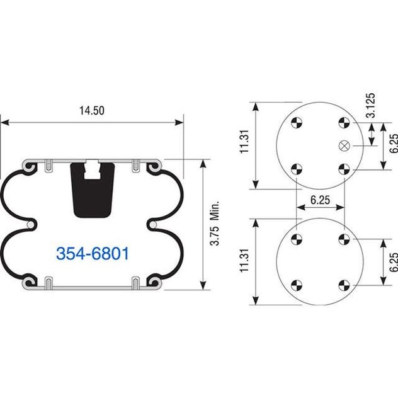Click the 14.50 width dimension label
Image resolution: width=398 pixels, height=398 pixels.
click(x=92, y=111)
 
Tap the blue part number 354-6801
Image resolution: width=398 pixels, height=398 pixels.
click(x=93, y=254)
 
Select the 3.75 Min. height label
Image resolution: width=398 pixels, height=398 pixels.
click(x=215, y=224)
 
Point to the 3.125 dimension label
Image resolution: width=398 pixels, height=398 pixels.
click(x=371, y=105)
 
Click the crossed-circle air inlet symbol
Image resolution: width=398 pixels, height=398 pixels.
click(x=344, y=145)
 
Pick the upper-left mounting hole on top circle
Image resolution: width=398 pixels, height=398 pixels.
click(x=297, y=123)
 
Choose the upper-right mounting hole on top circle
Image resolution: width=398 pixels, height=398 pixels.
click(x=344, y=123)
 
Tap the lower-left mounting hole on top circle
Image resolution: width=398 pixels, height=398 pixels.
click(x=297, y=169)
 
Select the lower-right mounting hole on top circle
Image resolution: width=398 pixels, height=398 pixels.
click(x=344, y=169)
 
